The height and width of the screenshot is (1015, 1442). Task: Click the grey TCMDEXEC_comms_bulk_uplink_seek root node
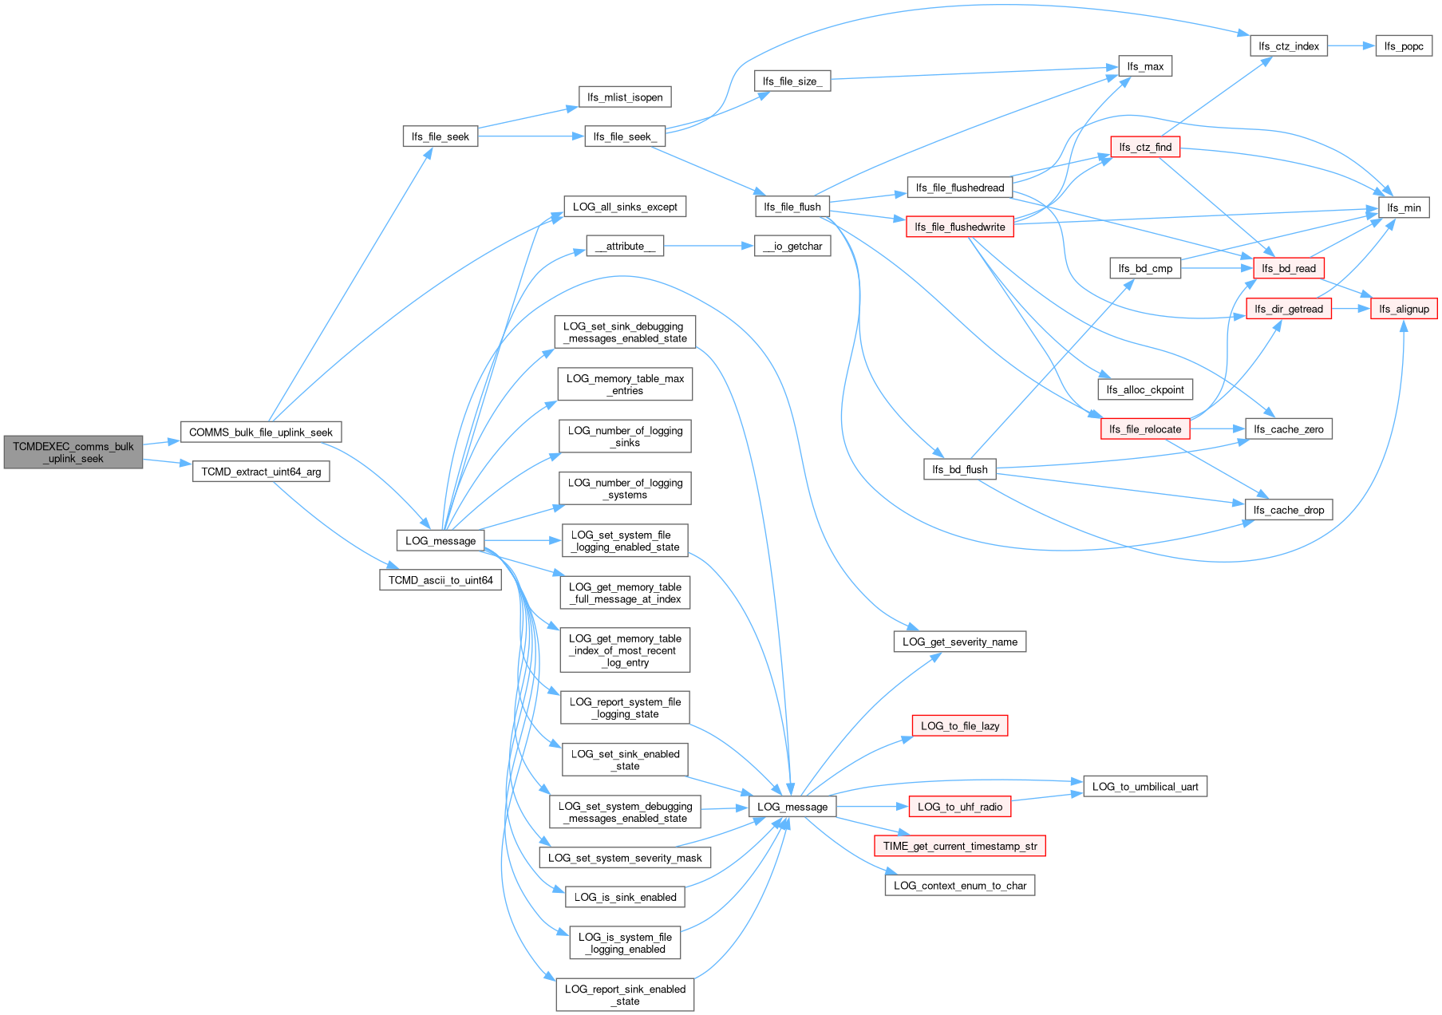coord(73,452)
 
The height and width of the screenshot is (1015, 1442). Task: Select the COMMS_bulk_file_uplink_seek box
coord(261,432)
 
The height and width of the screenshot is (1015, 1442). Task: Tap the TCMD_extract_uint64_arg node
coord(261,472)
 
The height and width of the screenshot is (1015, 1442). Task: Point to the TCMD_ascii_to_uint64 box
coord(441,580)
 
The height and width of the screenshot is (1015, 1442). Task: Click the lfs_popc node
coord(1404,46)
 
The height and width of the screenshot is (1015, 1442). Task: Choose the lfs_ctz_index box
coord(1289,46)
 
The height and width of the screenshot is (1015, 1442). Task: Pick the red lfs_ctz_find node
coord(1145,147)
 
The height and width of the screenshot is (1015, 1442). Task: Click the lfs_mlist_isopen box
coord(625,97)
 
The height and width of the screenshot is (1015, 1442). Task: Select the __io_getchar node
coord(792,246)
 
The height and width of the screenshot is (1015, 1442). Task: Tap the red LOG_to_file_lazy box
coord(960,725)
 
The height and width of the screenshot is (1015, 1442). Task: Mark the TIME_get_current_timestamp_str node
coord(960,846)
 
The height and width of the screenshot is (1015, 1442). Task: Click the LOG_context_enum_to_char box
coord(960,885)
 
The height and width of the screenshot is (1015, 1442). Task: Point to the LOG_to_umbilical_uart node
coord(1145,786)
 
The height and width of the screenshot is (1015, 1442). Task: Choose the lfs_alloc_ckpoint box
coord(1145,389)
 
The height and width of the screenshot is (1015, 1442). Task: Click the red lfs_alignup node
coord(1404,309)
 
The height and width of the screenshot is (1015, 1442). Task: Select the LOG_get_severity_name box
coord(960,642)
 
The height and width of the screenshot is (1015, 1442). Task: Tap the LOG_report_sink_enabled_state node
coord(625,995)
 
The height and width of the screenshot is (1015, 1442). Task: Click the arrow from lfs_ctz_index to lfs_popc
coord(1352,46)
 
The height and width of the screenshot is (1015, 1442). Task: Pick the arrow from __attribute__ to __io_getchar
coord(709,246)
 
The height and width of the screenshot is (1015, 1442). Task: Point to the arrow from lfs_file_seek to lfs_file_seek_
coord(531,136)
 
